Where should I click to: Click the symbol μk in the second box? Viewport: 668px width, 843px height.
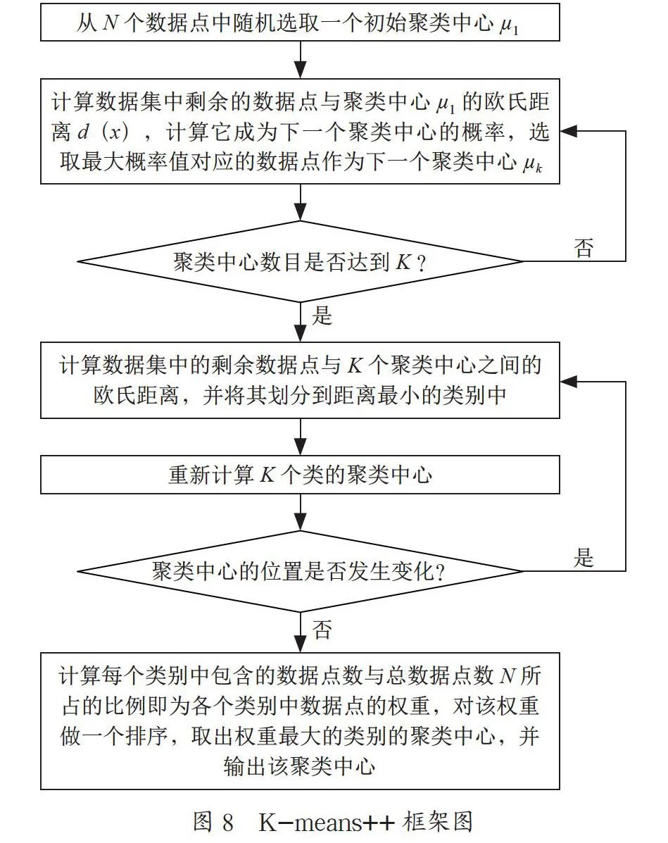tap(533, 163)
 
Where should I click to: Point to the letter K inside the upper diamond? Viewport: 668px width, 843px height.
tap(403, 262)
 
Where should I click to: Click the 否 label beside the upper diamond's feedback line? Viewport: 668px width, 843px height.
tap(584, 248)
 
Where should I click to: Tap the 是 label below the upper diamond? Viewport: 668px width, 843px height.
tap(322, 316)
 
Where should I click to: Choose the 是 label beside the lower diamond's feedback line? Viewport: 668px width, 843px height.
tap(584, 558)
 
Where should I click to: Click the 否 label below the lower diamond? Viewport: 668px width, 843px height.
tap(322, 629)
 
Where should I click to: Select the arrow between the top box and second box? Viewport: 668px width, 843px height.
tap(301, 60)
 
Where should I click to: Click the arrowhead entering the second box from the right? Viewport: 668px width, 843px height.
tap(569, 131)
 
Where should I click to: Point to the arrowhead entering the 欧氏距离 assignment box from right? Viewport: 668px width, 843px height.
tap(569, 382)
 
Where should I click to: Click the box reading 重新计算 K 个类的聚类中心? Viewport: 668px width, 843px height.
tap(300, 475)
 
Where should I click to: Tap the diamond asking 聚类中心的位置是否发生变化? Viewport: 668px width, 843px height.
tap(300, 571)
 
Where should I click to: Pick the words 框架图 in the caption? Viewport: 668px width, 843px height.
tap(439, 822)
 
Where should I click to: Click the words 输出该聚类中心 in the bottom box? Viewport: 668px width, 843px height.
tap(299, 767)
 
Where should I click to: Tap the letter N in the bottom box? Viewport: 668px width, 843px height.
tap(508, 676)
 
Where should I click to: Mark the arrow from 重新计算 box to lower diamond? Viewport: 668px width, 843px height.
tap(301, 513)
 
